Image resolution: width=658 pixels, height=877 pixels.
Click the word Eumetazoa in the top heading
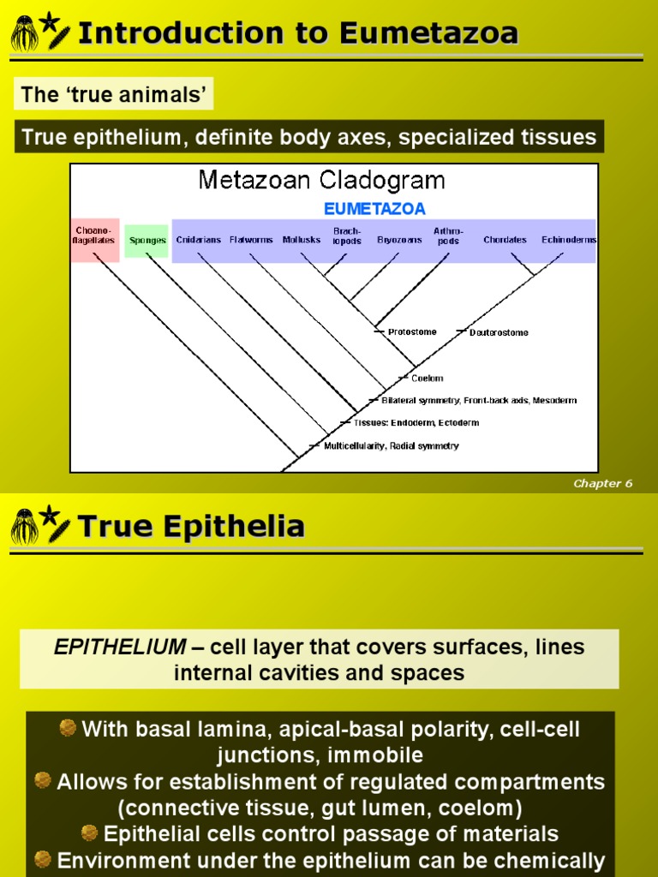[428, 33]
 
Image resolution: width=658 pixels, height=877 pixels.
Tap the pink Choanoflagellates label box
[93, 236]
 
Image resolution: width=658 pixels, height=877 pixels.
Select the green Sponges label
[147, 241]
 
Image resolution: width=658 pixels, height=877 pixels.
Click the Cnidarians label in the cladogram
[199, 240]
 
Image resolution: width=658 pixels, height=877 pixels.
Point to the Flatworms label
[250, 240]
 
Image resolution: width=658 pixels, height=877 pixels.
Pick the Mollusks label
[302, 240]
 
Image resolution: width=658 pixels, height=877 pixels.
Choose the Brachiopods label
[347, 236]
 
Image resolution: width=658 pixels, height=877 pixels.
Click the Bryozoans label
[399, 240]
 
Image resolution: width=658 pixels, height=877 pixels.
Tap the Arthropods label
[448, 236]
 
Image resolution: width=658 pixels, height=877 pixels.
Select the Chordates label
[505, 240]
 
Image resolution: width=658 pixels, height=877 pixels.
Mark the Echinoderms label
[569, 240]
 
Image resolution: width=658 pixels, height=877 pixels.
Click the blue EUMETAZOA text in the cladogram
[374, 208]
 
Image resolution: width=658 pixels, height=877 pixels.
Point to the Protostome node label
[411, 331]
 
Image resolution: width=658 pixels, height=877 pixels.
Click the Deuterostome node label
[499, 332]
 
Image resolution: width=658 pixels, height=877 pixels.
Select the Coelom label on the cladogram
[427, 378]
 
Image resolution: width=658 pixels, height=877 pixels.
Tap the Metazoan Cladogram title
[322, 180]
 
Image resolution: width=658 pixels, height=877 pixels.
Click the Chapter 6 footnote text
[602, 483]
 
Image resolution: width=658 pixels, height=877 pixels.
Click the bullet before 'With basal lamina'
[68, 728]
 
